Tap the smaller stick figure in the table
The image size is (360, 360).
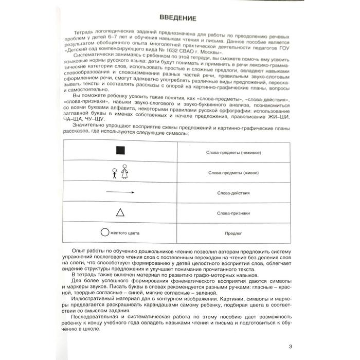pyautogui.click(x=114, y=172)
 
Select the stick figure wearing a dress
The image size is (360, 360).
pyautogui.click(x=124, y=171)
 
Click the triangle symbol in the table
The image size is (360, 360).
pyautogui.click(x=119, y=212)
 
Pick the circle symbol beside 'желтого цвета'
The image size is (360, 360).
pyautogui.click(x=104, y=232)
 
